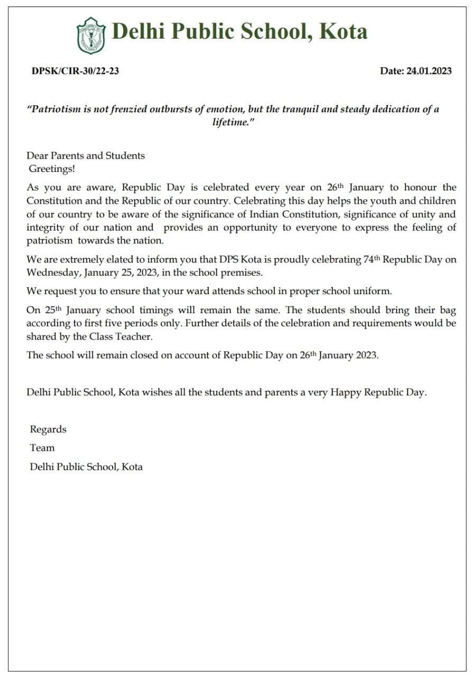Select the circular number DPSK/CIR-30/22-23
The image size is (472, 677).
point(75,71)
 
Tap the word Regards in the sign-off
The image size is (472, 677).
point(48,429)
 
